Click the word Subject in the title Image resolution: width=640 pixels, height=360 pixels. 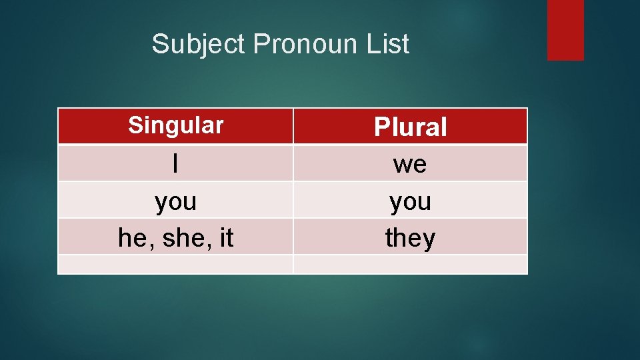click(199, 45)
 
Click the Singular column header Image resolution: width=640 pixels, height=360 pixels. click(175, 125)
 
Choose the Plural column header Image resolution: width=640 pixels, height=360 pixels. click(410, 127)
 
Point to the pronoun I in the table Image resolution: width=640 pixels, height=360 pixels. click(175, 164)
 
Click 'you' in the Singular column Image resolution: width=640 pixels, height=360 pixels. click(175, 201)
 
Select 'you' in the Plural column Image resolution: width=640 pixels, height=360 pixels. click(410, 201)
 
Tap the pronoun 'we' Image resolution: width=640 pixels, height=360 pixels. click(410, 164)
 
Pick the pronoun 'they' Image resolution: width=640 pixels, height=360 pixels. click(410, 238)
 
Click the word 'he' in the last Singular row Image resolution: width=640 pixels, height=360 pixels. click(132, 238)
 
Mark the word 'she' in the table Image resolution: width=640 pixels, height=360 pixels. click(178, 238)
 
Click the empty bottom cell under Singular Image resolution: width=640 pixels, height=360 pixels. click(175, 265)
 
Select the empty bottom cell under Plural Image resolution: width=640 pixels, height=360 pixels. click(410, 265)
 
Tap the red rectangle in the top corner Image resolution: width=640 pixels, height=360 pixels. click(565, 30)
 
